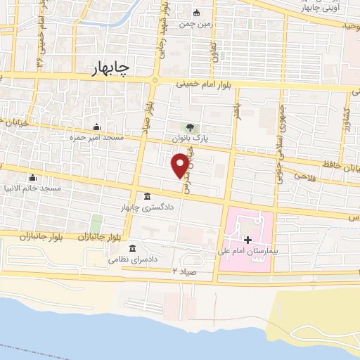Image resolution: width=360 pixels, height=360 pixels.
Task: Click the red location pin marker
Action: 180,165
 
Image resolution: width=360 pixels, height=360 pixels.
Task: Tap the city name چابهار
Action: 111,68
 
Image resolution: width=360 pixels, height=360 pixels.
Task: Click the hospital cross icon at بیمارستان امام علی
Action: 247,240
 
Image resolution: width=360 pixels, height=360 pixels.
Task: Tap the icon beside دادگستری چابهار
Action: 146,196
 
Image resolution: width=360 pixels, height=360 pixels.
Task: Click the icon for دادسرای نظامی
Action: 132,247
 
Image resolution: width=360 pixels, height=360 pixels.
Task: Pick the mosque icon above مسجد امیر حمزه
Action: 96,126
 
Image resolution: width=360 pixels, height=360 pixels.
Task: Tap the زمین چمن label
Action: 195,24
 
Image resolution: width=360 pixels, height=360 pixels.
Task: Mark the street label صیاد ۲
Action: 182,270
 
